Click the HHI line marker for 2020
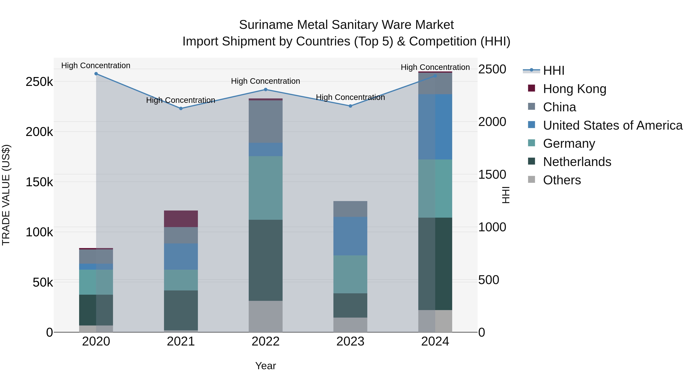pyautogui.click(x=96, y=74)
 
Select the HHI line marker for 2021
pyautogui.click(x=181, y=108)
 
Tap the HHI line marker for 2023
pyautogui.click(x=350, y=106)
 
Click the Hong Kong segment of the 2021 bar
pyautogui.click(x=181, y=219)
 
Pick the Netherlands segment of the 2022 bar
pyautogui.click(x=265, y=260)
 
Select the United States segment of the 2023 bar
pyautogui.click(x=350, y=236)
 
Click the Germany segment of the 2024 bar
pyautogui.click(x=435, y=188)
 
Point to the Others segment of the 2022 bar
pyautogui.click(x=265, y=316)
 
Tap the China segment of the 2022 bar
pyautogui.click(x=265, y=121)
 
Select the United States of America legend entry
pyautogui.click(x=613, y=125)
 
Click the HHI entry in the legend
pyautogui.click(x=553, y=70)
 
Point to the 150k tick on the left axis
pyautogui.click(x=39, y=182)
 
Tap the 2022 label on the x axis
pyautogui.click(x=265, y=341)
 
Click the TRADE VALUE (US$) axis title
pyautogui.click(x=6, y=195)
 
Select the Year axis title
pyautogui.click(x=265, y=366)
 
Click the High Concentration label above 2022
pyautogui.click(x=265, y=81)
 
